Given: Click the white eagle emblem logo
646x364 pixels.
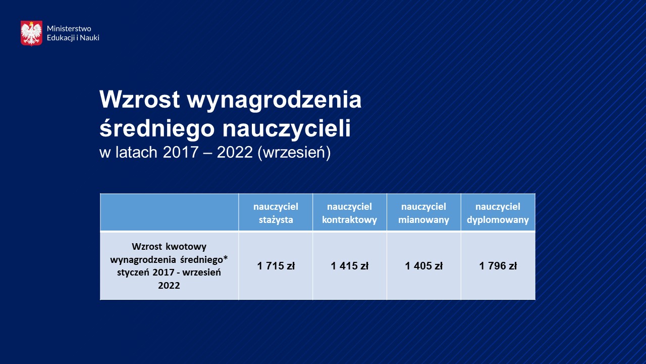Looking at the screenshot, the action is [31, 33].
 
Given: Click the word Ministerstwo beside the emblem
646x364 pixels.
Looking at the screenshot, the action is [69, 29].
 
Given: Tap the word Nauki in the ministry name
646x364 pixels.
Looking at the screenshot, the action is [89, 37].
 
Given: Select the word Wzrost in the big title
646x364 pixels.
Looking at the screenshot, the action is [140, 100].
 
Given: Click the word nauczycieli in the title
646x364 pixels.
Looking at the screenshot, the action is [286, 128].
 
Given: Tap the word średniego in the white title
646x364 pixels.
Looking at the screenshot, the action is [157, 128].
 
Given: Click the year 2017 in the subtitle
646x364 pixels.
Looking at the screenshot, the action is [181, 152].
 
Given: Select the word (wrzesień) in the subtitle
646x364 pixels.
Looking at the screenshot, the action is [294, 153].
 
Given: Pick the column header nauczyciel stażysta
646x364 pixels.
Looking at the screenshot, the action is [276, 213].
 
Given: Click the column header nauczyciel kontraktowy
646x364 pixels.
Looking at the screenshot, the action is [350, 213].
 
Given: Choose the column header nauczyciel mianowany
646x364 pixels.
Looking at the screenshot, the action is [423, 213].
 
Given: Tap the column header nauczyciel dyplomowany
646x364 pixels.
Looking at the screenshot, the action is [498, 213].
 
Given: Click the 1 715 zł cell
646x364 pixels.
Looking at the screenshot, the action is [276, 266].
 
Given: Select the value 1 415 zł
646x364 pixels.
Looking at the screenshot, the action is [350, 266].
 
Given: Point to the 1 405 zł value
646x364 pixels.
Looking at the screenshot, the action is [423, 266].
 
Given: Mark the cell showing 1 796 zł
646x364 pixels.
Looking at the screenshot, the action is [498, 266].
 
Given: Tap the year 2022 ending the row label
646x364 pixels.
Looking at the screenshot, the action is [169, 286].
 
